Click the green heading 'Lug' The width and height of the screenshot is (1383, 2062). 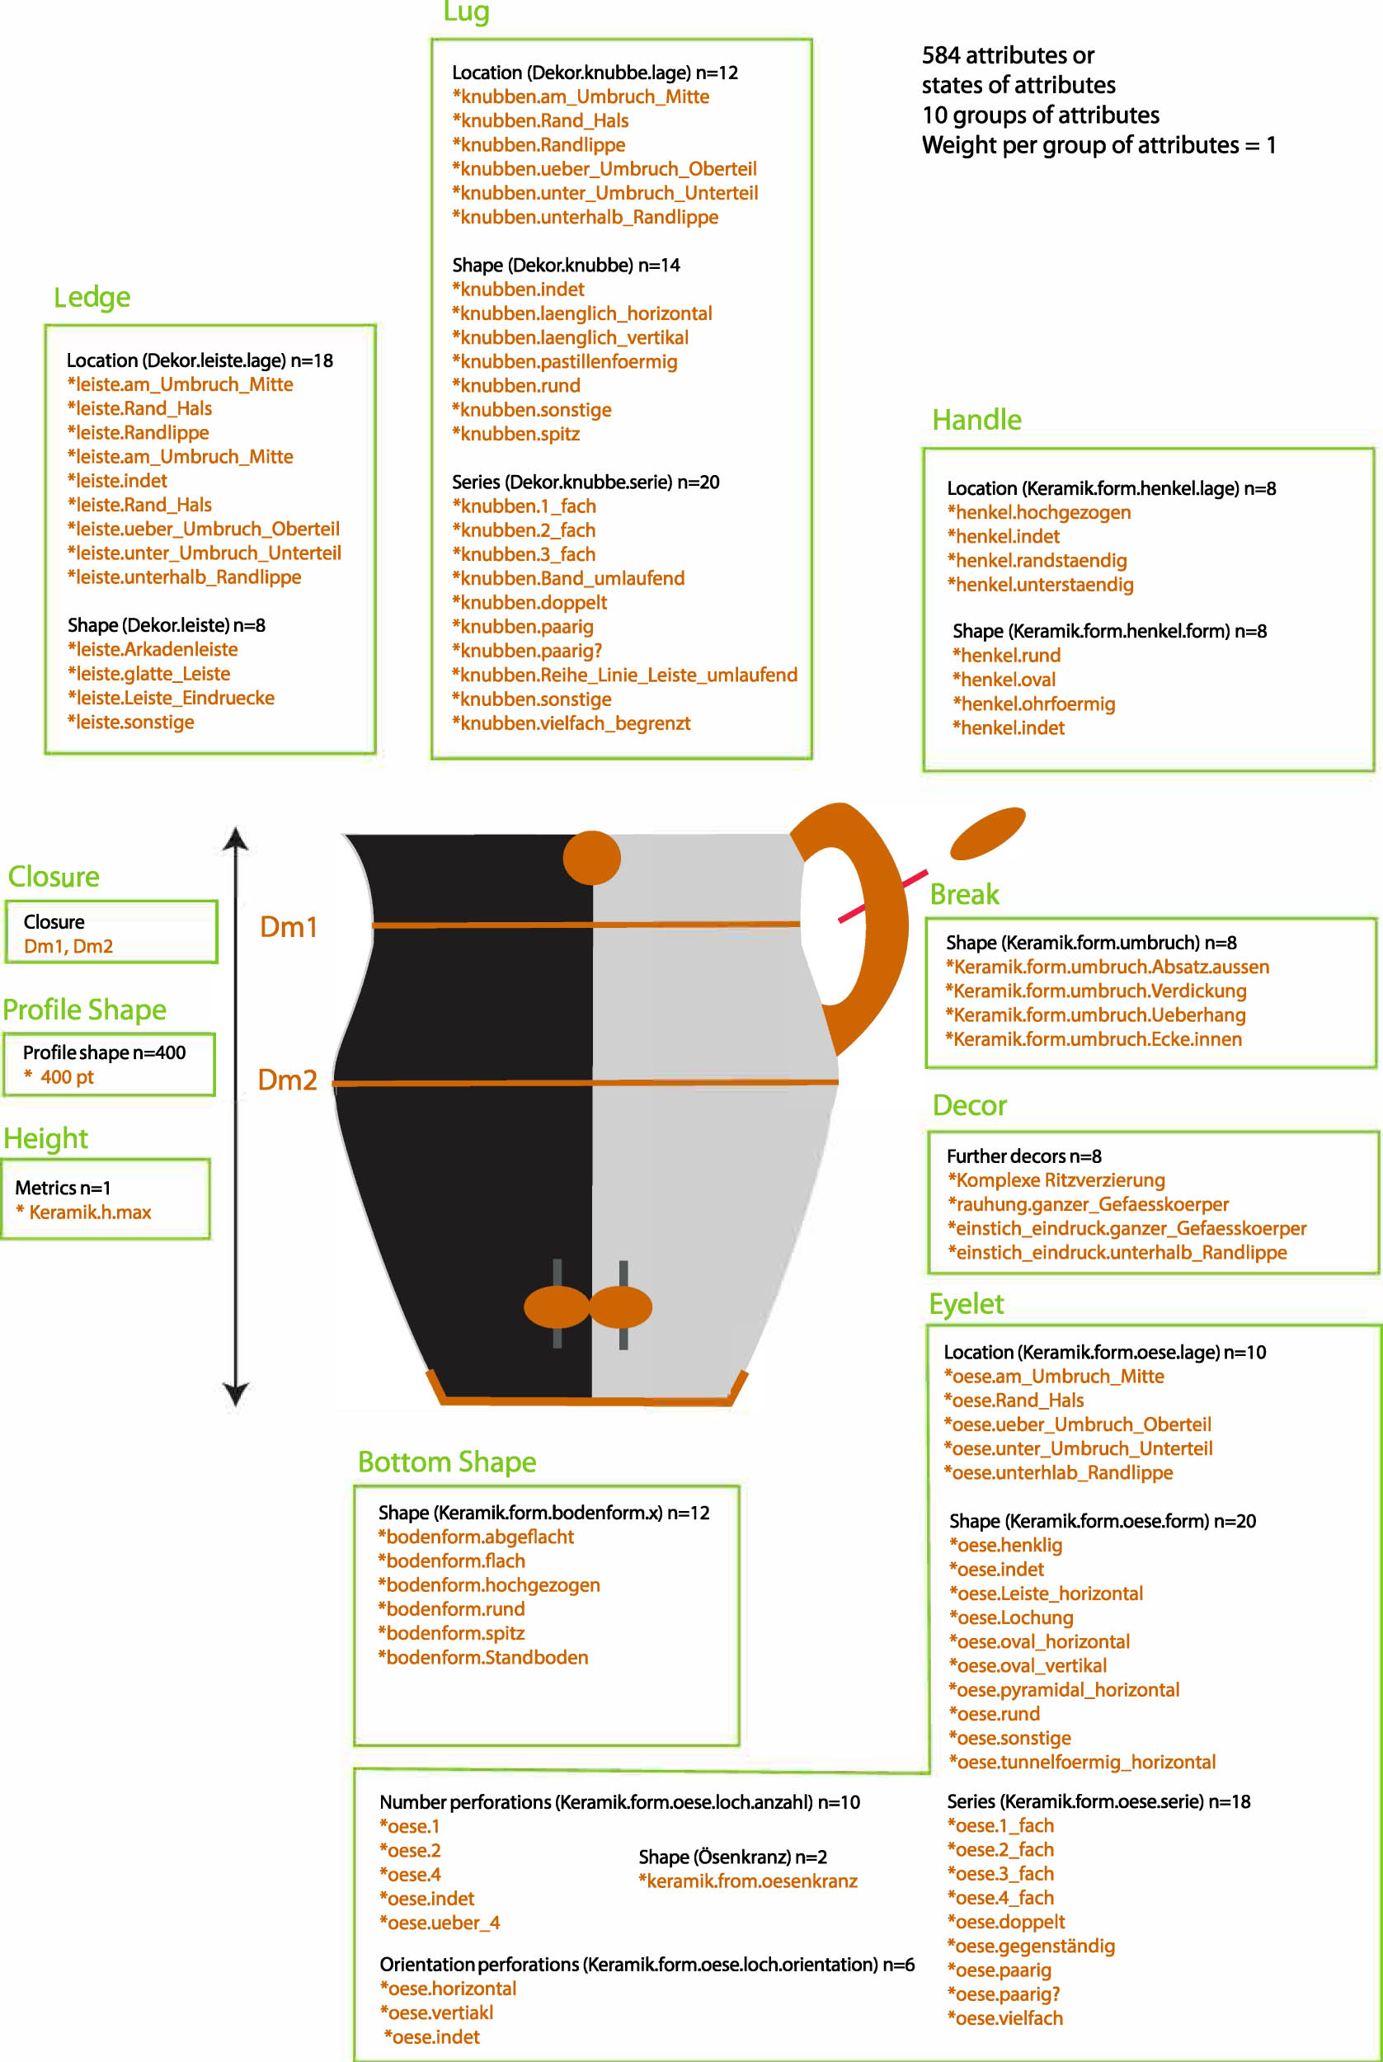click(x=466, y=12)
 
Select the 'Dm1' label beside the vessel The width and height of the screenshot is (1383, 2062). click(x=289, y=927)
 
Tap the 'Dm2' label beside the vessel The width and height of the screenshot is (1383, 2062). click(x=287, y=1080)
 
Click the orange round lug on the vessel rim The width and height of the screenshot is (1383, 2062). click(x=592, y=856)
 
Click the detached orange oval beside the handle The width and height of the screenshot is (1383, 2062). click(x=987, y=832)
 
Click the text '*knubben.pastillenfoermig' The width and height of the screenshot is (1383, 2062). click(x=564, y=361)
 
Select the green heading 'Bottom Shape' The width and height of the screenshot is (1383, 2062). click(x=446, y=1462)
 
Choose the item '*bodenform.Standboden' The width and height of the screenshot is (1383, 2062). click(x=482, y=1657)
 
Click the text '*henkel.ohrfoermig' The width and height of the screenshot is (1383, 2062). click(x=1033, y=704)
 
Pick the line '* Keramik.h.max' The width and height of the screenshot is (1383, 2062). click(x=84, y=1212)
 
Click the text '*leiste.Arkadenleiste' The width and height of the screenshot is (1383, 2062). click(x=153, y=649)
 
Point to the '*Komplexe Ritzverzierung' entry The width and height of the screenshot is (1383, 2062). click(x=1056, y=1180)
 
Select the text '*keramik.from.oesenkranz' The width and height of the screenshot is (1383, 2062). click(x=747, y=1881)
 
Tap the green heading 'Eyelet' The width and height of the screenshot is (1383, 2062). click(x=966, y=1304)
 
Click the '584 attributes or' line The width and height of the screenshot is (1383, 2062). click(x=1007, y=55)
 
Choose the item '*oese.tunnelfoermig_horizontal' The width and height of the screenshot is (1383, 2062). click(x=1081, y=1762)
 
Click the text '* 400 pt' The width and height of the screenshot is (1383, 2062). click(x=59, y=1077)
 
